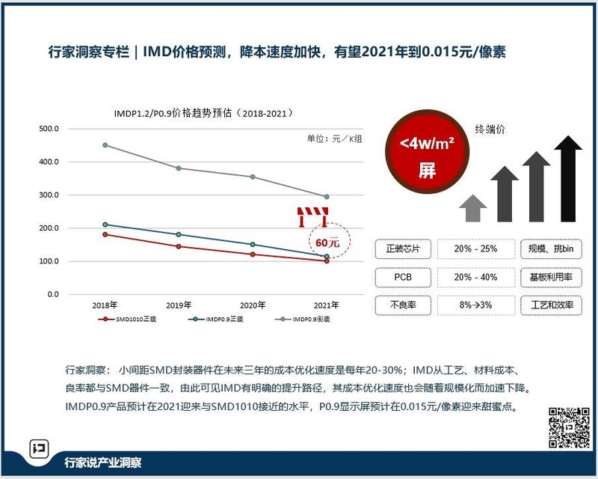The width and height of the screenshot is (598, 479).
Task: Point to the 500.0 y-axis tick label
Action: coord(49,129)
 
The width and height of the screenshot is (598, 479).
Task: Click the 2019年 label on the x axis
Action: coord(179,305)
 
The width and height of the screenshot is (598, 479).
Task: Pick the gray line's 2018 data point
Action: coord(105,144)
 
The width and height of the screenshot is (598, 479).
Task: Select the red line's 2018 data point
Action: coord(105,234)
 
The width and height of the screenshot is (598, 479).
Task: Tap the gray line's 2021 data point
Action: coord(327,197)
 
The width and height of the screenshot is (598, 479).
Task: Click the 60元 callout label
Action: coord(327,242)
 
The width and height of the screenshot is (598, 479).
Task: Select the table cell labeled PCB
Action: coord(403,277)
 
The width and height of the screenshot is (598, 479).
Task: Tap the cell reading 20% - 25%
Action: coord(476,248)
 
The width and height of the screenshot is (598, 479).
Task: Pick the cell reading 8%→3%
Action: coord(476,305)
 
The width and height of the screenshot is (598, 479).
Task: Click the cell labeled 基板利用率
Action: coord(552,277)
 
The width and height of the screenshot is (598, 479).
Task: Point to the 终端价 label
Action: coord(490,129)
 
